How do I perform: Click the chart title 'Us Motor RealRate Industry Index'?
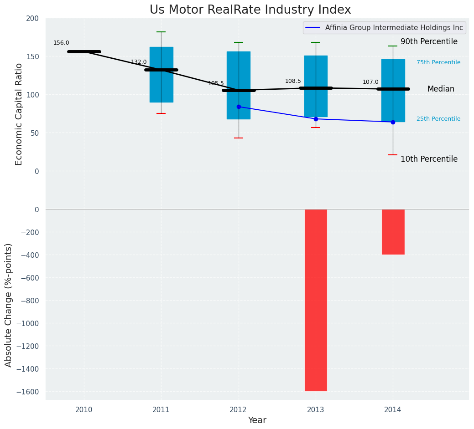(x=250, y=10)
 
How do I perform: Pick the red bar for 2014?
(x=393, y=232)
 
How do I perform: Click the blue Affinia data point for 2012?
(x=239, y=107)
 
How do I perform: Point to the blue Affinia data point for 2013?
(x=316, y=119)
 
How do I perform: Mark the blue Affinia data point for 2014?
(x=393, y=122)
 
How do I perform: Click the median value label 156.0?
(x=61, y=43)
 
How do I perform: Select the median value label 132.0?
(x=139, y=62)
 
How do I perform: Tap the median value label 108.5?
(x=293, y=81)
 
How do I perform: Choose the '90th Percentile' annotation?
(x=429, y=41)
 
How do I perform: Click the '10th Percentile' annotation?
(x=429, y=159)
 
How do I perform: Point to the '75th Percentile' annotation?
(x=438, y=62)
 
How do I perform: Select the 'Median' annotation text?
(x=441, y=89)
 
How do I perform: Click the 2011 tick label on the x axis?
(x=161, y=410)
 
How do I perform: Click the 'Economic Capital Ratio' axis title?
(x=19, y=114)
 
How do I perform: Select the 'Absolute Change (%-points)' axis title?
(x=9, y=305)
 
